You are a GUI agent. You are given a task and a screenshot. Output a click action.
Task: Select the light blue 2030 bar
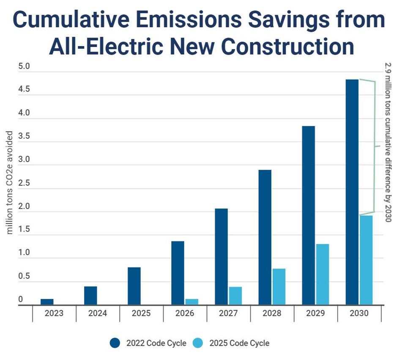click(x=366, y=260)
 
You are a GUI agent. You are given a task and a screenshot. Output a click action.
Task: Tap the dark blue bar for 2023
click(x=47, y=302)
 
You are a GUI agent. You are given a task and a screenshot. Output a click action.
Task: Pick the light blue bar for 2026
click(x=192, y=302)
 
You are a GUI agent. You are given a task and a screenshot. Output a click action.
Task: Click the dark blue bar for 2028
click(x=265, y=237)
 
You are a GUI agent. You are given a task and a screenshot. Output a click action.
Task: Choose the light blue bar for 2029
click(x=323, y=274)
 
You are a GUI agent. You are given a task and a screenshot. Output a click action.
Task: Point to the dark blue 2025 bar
click(x=134, y=286)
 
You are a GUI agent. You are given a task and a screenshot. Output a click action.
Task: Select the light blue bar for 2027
click(x=235, y=296)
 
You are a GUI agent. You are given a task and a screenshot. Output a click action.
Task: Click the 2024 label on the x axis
click(x=98, y=313)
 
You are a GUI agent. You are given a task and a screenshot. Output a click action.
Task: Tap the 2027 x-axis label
click(x=228, y=313)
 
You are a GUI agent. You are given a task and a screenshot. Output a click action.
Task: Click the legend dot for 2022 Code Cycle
click(x=115, y=343)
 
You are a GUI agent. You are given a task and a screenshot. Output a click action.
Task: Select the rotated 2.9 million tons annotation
click(x=388, y=142)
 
